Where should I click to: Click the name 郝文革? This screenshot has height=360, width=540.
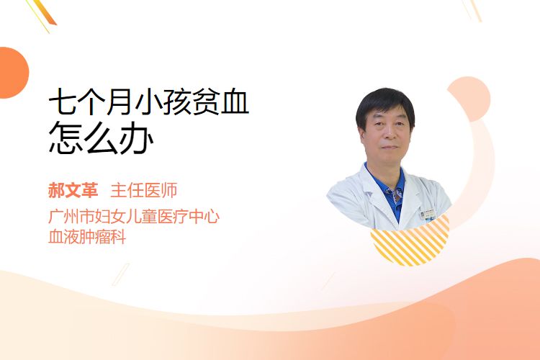point(73,190)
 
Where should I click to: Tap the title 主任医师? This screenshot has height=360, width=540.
point(144,190)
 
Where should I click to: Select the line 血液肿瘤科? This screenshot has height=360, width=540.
point(87,237)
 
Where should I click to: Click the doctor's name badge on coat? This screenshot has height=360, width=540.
point(428,214)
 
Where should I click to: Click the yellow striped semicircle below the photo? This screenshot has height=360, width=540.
point(410,242)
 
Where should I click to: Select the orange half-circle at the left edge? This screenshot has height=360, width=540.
point(13,73)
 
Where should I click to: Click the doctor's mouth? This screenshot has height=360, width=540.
point(390,148)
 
